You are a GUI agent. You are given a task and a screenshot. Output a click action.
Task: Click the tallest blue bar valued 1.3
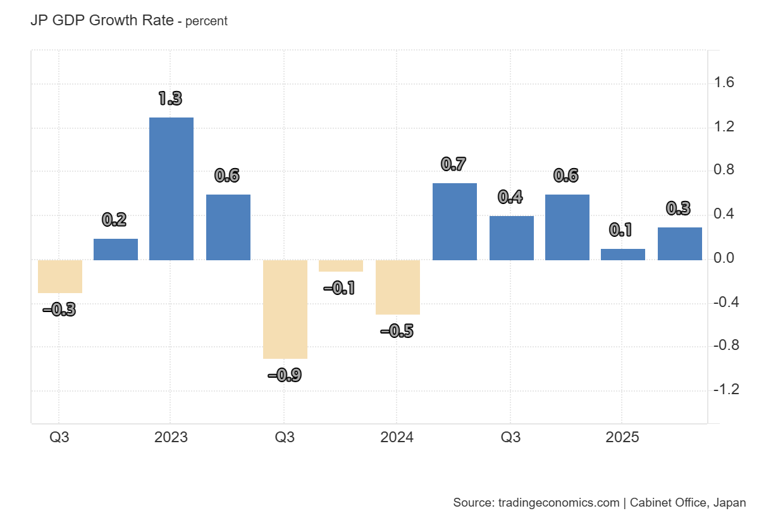click(171, 188)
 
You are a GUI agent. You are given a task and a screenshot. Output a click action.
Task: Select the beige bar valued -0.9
click(285, 309)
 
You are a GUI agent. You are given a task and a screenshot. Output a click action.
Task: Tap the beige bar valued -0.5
click(397, 287)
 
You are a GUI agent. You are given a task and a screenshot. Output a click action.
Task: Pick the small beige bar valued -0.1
click(341, 266)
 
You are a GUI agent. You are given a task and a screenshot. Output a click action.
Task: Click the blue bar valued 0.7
click(454, 221)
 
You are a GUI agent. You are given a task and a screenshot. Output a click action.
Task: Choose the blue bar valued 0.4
click(511, 238)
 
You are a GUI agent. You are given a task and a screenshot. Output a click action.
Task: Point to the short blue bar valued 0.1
click(623, 254)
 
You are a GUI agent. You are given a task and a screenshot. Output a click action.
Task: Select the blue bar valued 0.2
click(116, 249)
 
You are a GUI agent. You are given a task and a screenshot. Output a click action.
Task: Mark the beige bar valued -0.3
click(60, 276)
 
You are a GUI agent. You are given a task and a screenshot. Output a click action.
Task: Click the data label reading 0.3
click(679, 208)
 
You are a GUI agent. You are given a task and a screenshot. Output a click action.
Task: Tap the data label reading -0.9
click(285, 375)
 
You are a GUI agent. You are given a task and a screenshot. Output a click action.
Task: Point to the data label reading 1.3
click(170, 99)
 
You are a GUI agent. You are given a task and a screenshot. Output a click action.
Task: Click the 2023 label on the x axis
click(171, 437)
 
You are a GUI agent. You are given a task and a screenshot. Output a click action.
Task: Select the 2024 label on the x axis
click(397, 437)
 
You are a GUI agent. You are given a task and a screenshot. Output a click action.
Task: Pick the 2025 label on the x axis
click(622, 437)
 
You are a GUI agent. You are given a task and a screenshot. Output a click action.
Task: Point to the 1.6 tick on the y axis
click(724, 83)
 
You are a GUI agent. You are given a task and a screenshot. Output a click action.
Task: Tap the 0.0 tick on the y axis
click(724, 258)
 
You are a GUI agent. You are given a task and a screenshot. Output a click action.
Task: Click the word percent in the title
click(206, 21)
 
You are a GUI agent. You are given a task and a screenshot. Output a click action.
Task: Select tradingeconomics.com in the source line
click(558, 503)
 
